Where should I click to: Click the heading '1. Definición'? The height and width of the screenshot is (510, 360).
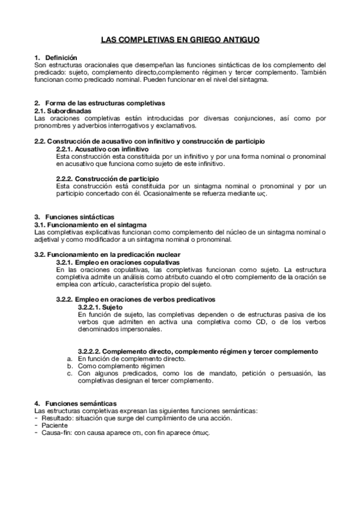(x=53, y=57)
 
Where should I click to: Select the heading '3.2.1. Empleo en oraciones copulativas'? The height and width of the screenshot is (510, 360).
(x=118, y=262)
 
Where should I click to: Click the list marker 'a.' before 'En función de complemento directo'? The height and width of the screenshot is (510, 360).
(x=70, y=359)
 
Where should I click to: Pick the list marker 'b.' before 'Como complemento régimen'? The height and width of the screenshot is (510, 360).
(x=70, y=366)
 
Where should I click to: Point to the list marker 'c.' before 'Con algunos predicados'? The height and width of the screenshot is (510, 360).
(x=70, y=373)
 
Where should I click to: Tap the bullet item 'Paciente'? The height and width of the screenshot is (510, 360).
(x=53, y=426)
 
